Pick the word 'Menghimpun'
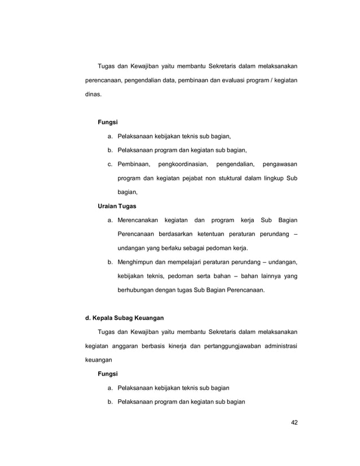pos(137,262)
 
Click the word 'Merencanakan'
pos(138,219)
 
